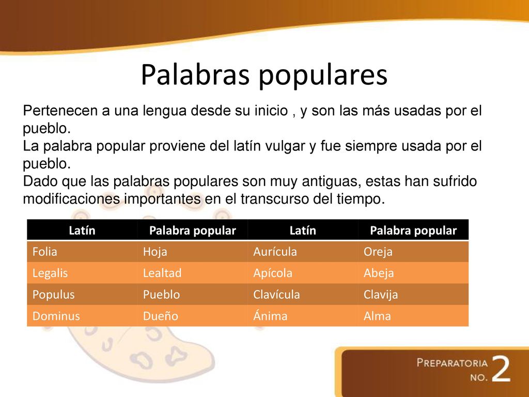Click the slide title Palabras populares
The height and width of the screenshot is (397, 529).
pyautogui.click(x=263, y=76)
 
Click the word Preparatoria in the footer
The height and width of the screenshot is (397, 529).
pyautogui.click(x=452, y=362)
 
